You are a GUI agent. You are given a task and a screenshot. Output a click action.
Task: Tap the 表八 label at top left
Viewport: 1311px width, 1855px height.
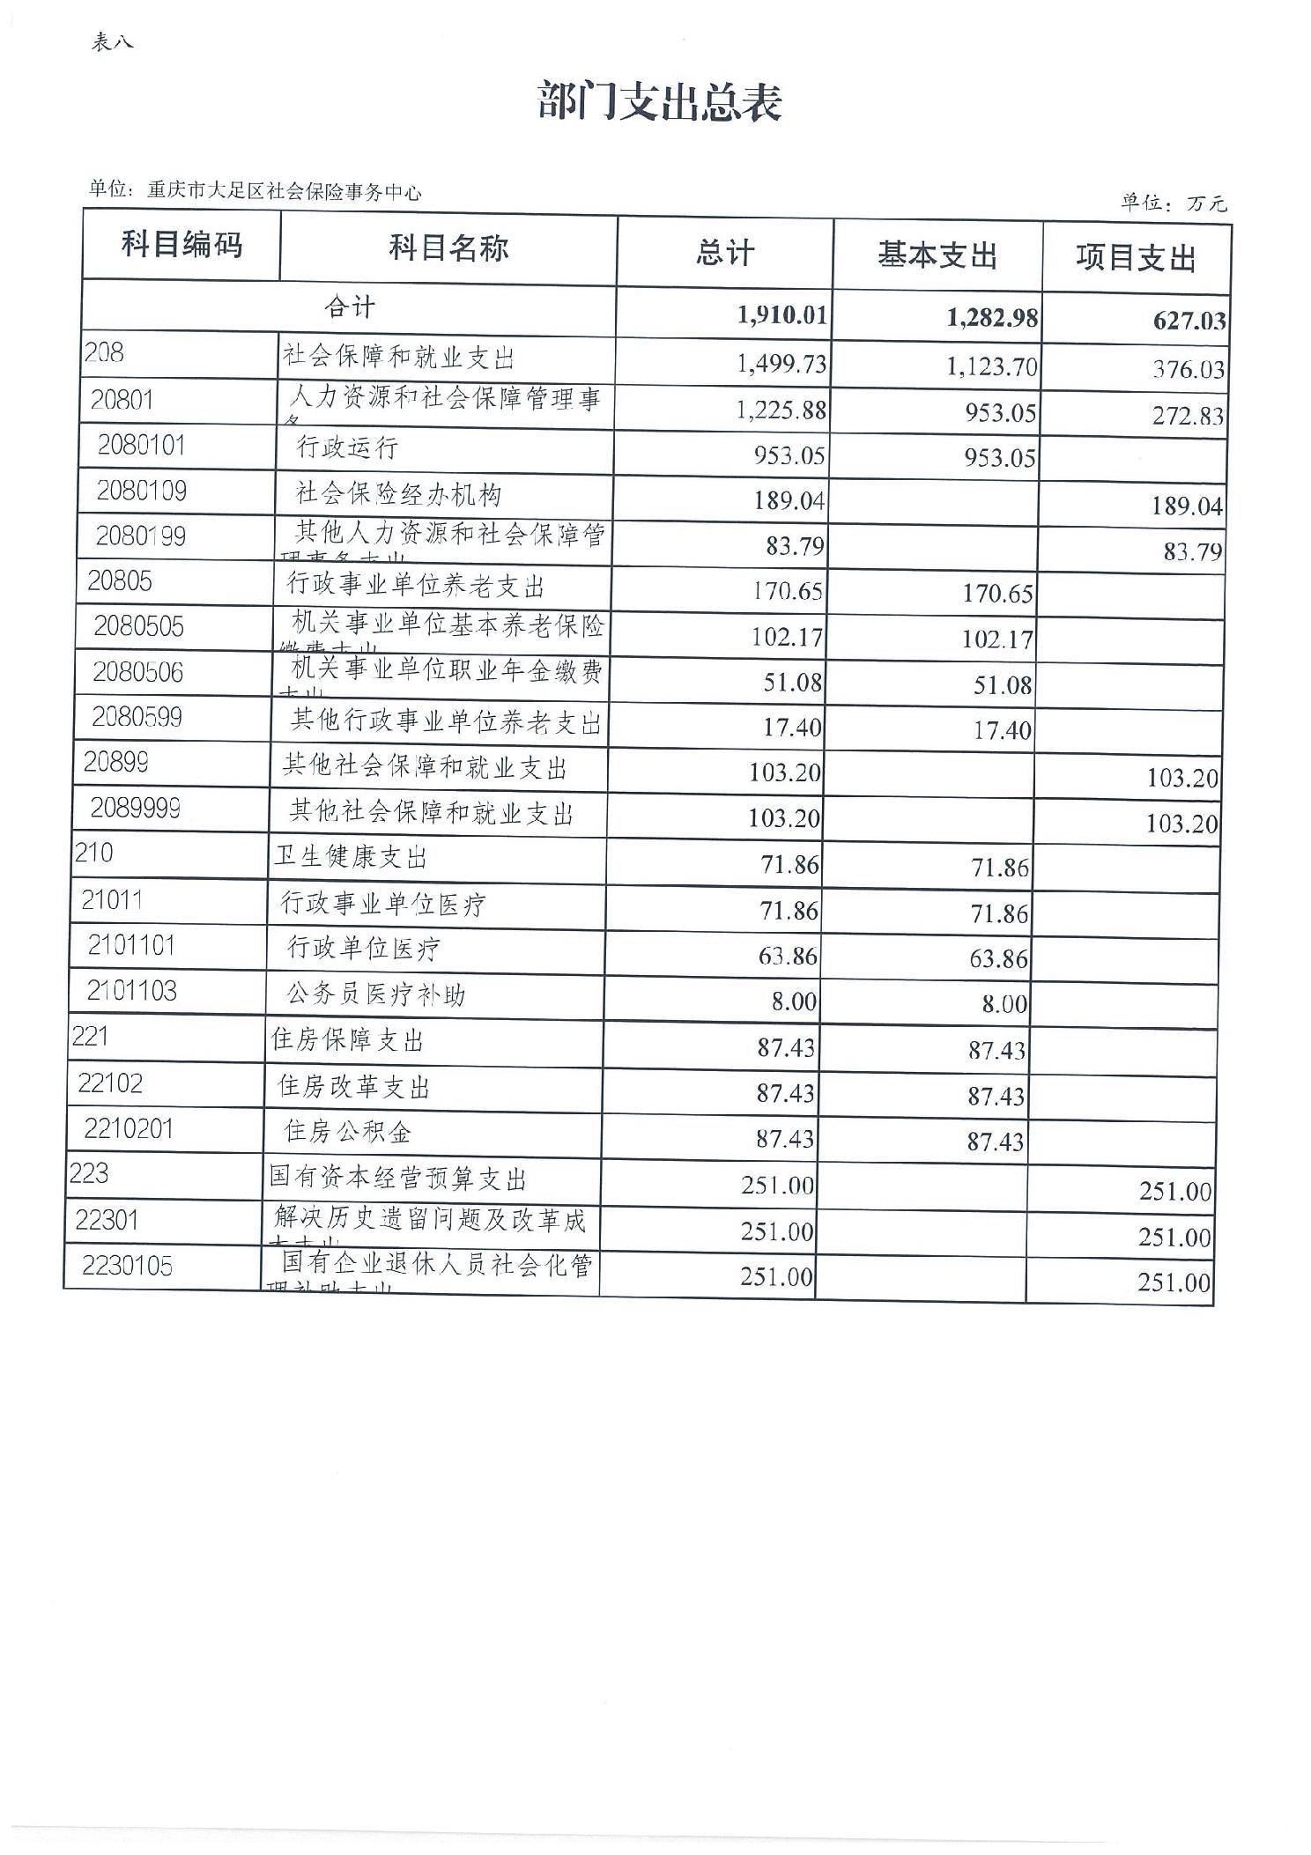pyautogui.click(x=112, y=42)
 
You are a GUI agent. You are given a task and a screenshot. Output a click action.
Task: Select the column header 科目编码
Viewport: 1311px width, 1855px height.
pyautogui.click(x=181, y=245)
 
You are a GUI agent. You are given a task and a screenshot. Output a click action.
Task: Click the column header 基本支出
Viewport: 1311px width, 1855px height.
pyautogui.click(x=937, y=255)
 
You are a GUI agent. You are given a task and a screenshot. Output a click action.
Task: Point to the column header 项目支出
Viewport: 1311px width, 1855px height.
pyautogui.click(x=1136, y=259)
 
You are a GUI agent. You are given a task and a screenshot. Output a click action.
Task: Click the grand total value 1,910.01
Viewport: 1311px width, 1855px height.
pyautogui.click(x=783, y=315)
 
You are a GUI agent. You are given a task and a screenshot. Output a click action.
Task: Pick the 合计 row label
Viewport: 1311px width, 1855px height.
pyautogui.click(x=350, y=307)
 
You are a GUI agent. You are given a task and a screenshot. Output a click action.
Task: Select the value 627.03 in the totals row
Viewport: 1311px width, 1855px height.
pyautogui.click(x=1189, y=320)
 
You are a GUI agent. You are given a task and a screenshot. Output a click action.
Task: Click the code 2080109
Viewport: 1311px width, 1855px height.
pyautogui.click(x=142, y=491)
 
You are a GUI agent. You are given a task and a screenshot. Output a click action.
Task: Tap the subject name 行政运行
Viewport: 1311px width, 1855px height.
pyautogui.click(x=347, y=448)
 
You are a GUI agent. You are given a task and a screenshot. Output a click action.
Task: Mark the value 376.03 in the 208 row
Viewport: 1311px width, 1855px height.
pyautogui.click(x=1189, y=369)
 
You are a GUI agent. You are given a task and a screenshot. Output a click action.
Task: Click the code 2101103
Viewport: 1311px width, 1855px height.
pyautogui.click(x=131, y=992)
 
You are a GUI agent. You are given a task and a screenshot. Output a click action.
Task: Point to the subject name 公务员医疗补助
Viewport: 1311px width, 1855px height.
pyautogui.click(x=375, y=995)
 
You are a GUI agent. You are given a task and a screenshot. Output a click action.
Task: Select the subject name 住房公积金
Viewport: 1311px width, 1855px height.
pyautogui.click(x=347, y=1132)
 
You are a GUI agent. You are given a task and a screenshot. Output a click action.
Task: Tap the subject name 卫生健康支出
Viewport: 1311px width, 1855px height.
pyautogui.click(x=350, y=857)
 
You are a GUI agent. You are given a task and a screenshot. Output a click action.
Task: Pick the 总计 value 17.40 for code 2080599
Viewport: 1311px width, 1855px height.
pyautogui.click(x=793, y=728)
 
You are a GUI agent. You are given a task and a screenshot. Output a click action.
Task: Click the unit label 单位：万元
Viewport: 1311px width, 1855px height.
pyautogui.click(x=1173, y=203)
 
